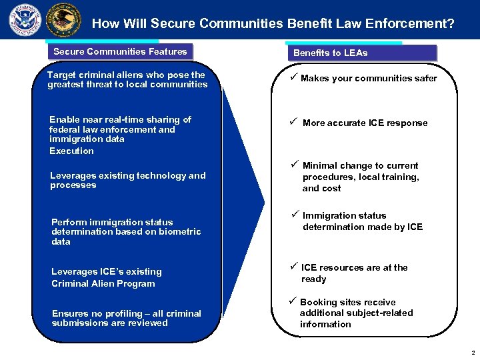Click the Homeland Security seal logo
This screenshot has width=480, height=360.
click(x=25, y=20)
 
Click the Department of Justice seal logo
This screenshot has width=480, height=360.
click(x=63, y=20)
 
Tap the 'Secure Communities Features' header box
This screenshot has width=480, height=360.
click(x=120, y=51)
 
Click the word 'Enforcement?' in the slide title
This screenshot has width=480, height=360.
click(x=416, y=24)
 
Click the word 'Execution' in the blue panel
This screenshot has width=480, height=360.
click(x=71, y=151)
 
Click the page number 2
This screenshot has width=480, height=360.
click(x=472, y=353)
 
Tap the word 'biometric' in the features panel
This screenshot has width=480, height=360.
click(x=178, y=232)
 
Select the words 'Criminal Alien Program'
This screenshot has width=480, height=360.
click(x=103, y=283)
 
